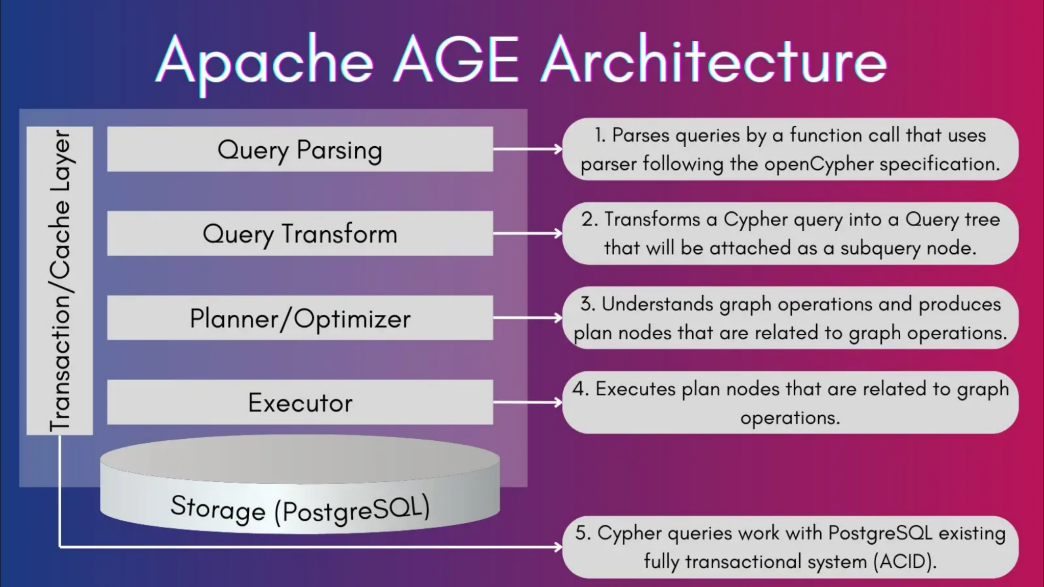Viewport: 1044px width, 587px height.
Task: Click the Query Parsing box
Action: pos(300,149)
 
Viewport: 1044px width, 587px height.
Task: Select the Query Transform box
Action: pos(300,233)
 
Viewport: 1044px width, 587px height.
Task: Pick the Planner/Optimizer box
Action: pos(300,318)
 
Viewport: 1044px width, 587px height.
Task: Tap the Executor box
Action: pos(300,403)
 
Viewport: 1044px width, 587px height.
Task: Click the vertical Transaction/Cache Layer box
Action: pos(60,280)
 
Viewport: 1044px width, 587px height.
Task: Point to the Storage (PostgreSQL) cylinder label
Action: pos(300,508)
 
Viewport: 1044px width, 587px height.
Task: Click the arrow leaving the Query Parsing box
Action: pos(527,149)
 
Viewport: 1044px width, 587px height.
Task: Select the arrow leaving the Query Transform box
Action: pos(527,233)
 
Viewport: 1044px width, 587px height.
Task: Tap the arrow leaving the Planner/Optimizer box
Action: pos(527,318)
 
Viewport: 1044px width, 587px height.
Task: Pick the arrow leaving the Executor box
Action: pos(527,403)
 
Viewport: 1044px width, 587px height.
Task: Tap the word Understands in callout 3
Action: pos(657,304)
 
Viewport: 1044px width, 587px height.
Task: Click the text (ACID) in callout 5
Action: pos(904,562)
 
